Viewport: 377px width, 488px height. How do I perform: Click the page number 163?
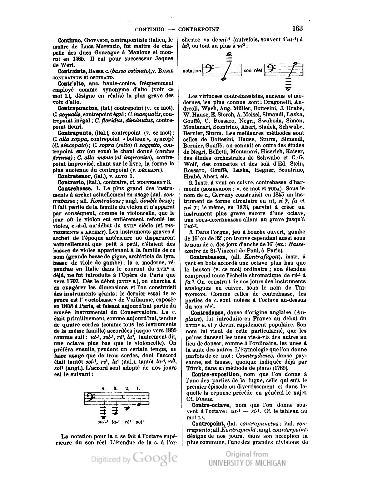pos(297,28)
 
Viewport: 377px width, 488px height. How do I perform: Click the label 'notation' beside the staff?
pos(191,71)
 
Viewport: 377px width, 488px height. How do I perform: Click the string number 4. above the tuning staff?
pos(104,388)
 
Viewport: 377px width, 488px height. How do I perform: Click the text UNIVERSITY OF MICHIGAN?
pos(247,463)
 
